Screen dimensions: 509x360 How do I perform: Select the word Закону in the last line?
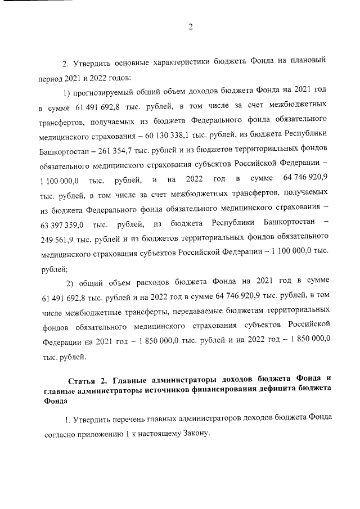(x=195, y=434)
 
